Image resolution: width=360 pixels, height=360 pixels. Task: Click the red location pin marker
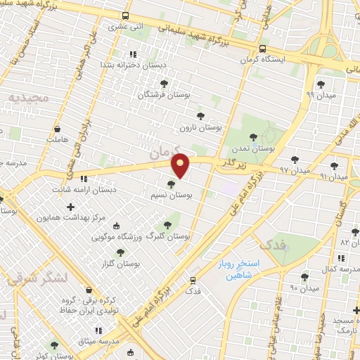click(x=181, y=165)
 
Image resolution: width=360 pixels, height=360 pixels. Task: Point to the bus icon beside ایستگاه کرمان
click(x=262, y=49)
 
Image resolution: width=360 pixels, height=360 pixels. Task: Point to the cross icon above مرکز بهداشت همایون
click(x=70, y=207)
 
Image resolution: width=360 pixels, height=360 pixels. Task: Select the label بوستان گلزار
click(x=120, y=264)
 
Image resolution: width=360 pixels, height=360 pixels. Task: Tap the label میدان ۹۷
click(x=293, y=171)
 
